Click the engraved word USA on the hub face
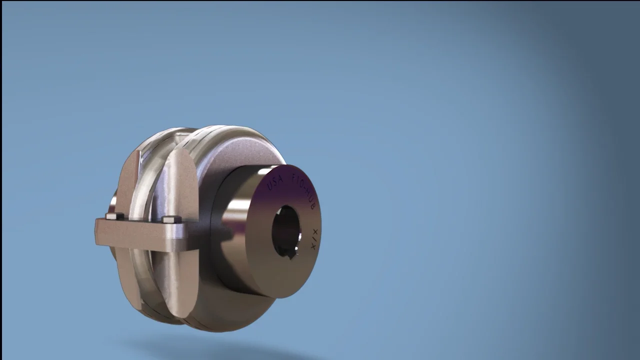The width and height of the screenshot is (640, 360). pos(275,180)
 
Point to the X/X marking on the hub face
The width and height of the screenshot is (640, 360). pos(313,239)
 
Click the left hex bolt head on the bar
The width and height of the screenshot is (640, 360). pos(115,216)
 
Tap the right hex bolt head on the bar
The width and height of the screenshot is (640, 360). pos(171,219)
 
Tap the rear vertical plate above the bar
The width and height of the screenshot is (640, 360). pos(128,182)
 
